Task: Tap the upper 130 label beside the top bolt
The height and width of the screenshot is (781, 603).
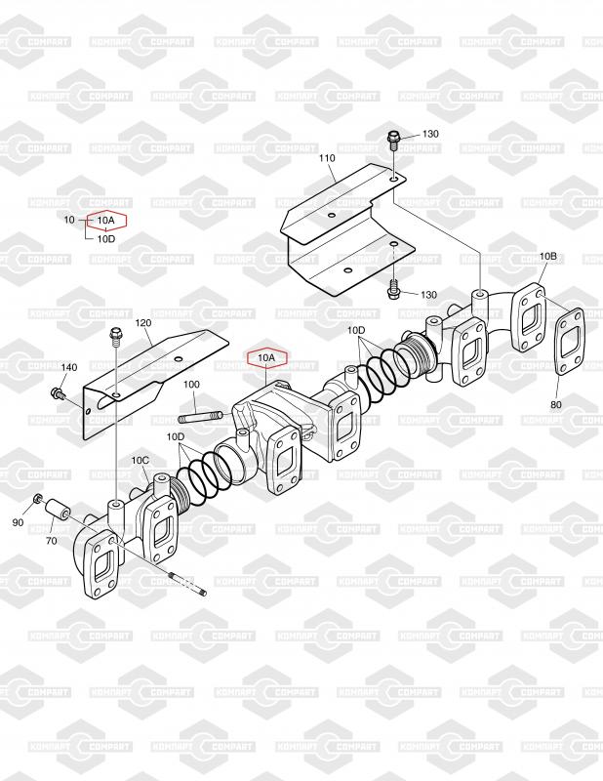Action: click(430, 134)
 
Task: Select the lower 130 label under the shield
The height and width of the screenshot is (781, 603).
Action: click(428, 294)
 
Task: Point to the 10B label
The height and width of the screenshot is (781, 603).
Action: click(547, 256)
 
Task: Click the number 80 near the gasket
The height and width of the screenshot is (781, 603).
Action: click(555, 403)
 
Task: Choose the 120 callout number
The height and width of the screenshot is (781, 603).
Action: click(143, 322)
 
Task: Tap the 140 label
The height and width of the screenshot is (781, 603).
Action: click(68, 367)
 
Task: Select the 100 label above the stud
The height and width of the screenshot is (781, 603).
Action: click(191, 385)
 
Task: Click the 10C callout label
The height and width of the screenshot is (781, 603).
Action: click(140, 460)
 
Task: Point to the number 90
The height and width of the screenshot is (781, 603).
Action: click(18, 523)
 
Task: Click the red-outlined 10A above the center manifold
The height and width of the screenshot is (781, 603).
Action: click(266, 358)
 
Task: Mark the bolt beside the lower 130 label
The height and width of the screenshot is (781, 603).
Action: click(394, 290)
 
